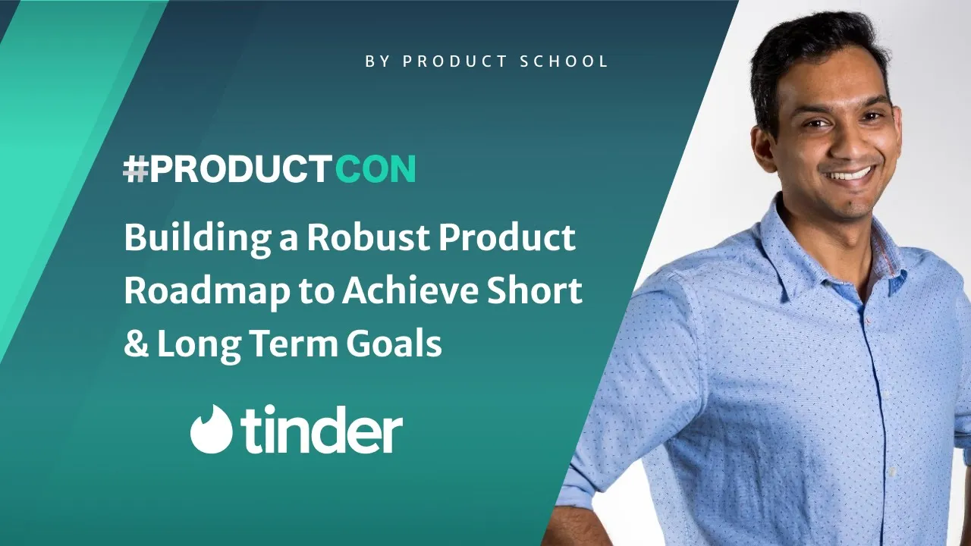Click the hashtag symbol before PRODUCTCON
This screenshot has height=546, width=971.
point(135,171)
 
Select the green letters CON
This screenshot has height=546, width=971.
point(375,171)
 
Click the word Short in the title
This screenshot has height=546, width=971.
point(548,291)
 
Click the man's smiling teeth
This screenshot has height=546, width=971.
point(851,174)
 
